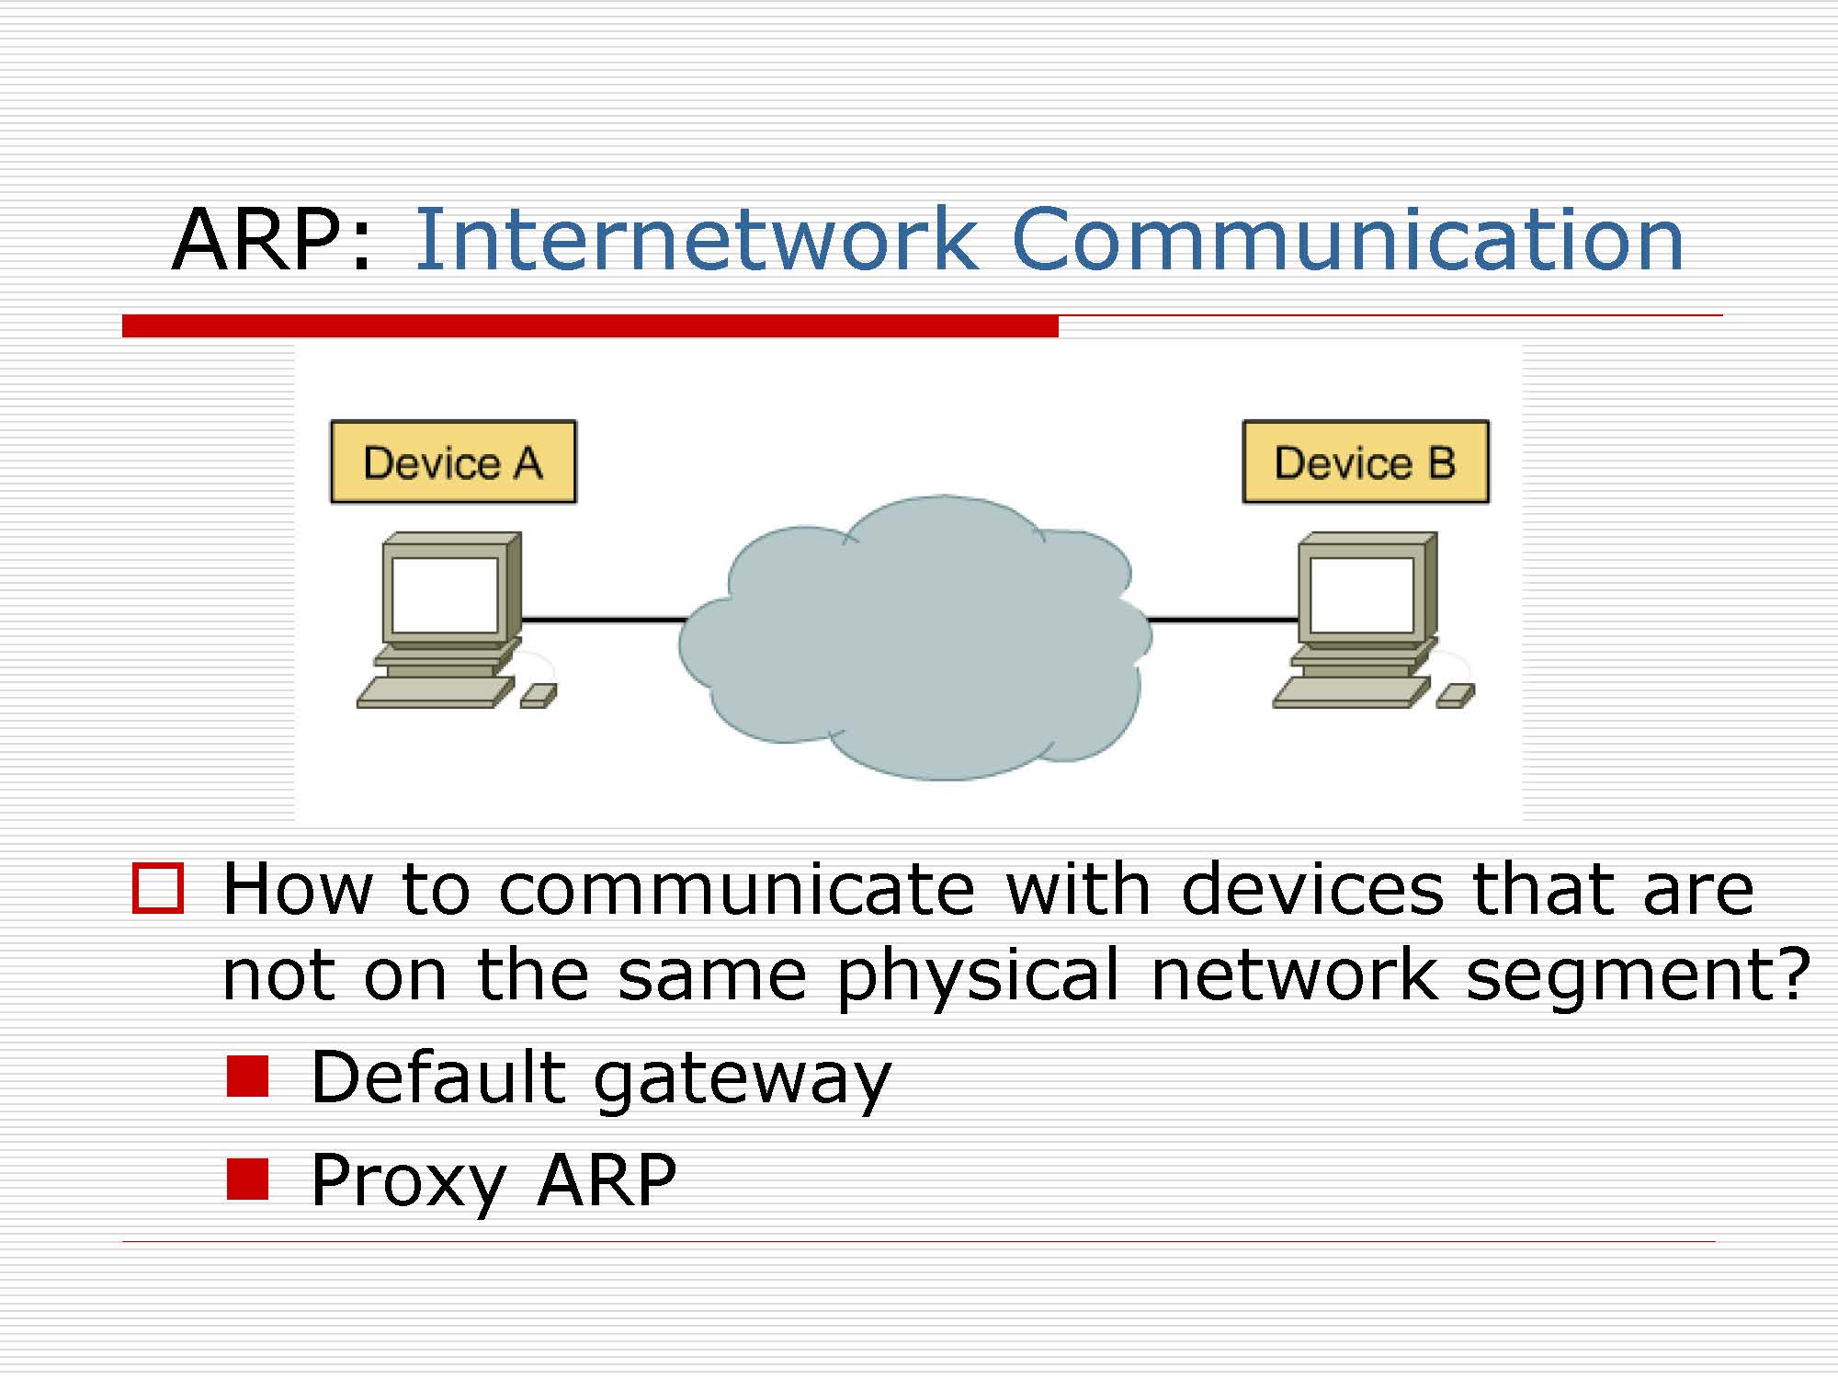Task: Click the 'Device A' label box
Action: [453, 462]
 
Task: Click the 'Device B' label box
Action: [1366, 462]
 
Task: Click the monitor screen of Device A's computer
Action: [444, 593]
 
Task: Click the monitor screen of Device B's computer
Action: [1361, 594]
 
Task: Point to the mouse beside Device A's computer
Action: [539, 695]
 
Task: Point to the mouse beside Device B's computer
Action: [1456, 695]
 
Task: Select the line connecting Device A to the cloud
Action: [603, 620]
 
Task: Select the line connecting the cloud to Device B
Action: [1222, 620]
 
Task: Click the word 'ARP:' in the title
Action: [272, 241]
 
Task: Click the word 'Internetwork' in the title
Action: [697, 241]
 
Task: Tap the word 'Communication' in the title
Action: [1347, 241]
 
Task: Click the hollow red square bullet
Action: [158, 888]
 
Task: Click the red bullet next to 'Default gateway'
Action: [247, 1076]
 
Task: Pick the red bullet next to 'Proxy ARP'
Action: [247, 1179]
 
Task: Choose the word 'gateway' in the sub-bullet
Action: [743, 1081]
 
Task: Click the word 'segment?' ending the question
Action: [1637, 976]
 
